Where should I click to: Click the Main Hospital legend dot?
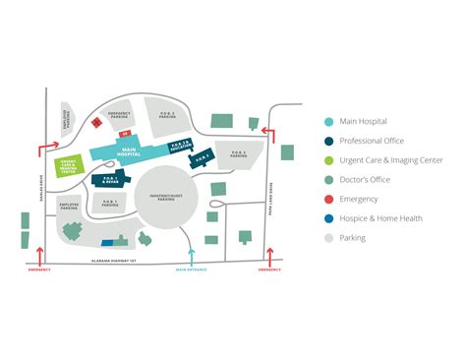click(x=329, y=122)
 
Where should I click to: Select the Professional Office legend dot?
click(x=329, y=141)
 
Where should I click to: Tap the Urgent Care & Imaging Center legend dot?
click(x=329, y=160)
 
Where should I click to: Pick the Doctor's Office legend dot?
click(x=329, y=179)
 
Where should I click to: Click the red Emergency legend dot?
click(x=329, y=199)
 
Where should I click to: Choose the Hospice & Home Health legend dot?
click(x=329, y=217)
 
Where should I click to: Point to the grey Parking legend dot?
click(x=329, y=237)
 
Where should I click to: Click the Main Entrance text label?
click(x=186, y=269)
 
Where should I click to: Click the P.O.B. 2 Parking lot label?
click(x=167, y=114)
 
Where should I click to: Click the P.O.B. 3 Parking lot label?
click(x=240, y=153)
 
